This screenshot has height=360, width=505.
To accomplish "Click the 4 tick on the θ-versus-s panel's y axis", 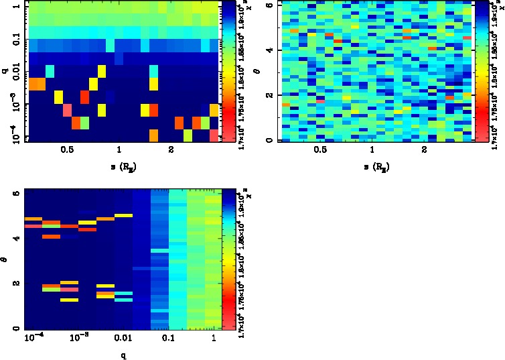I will coord(267,50).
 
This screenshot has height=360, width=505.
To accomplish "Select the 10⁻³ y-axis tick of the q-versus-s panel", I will coord(16,106).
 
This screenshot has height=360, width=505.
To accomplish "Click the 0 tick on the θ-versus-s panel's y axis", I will coord(267,140).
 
